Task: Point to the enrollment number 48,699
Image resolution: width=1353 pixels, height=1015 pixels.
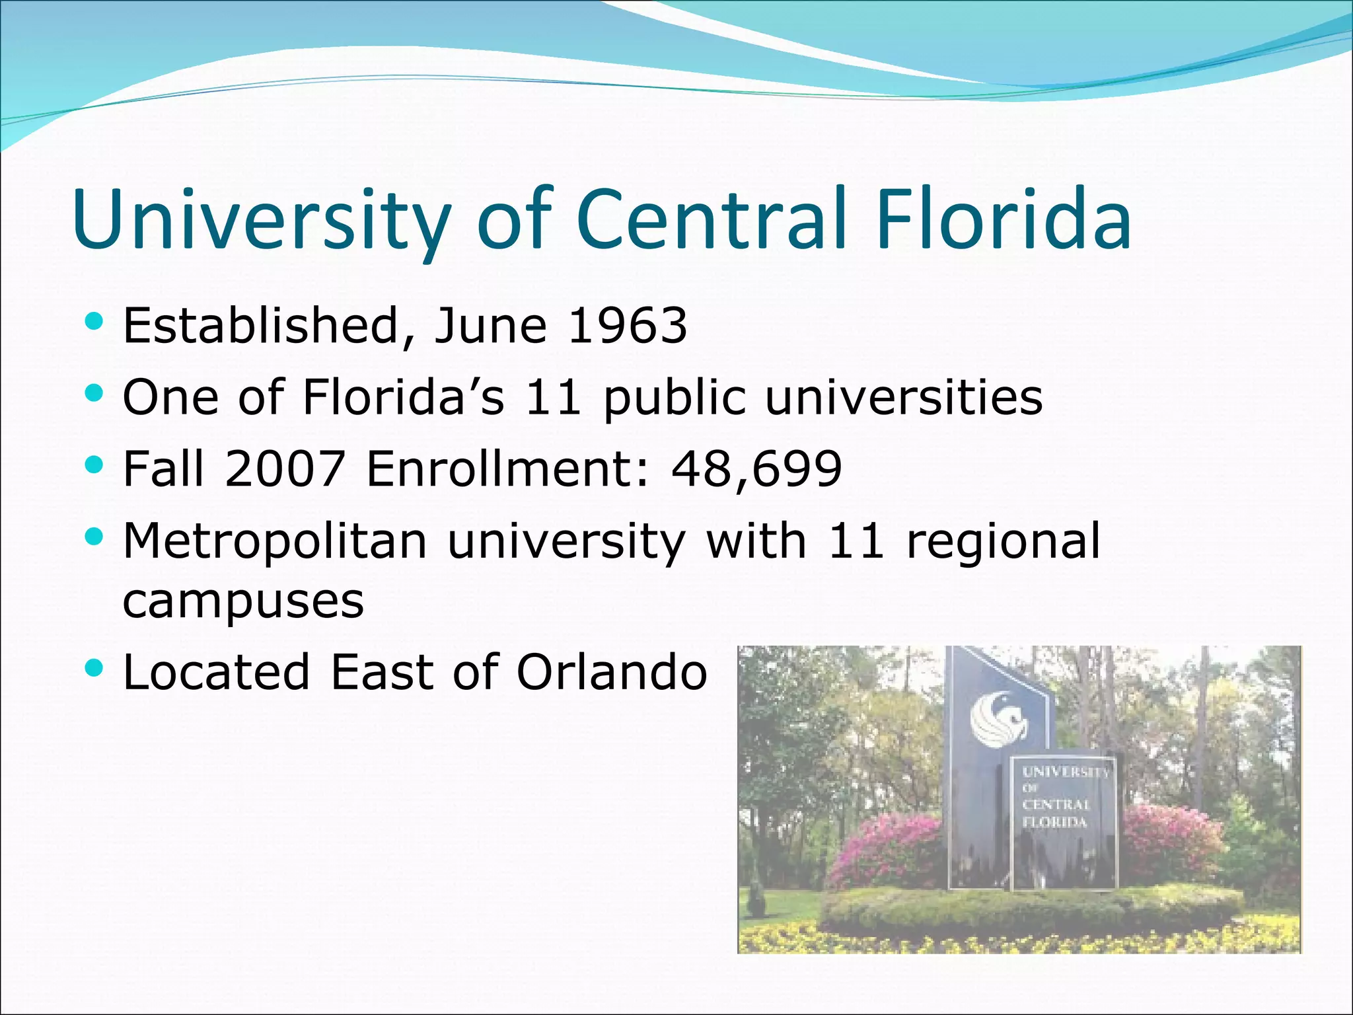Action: pos(756,468)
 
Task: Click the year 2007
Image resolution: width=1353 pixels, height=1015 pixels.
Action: pos(285,468)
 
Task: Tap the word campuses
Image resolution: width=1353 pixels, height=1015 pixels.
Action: pos(243,601)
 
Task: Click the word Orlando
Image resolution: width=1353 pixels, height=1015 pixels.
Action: pos(612,673)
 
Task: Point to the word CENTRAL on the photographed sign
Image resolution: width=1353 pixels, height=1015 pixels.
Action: pos(1055,805)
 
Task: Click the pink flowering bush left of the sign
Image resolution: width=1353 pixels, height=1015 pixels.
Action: pos(889,849)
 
